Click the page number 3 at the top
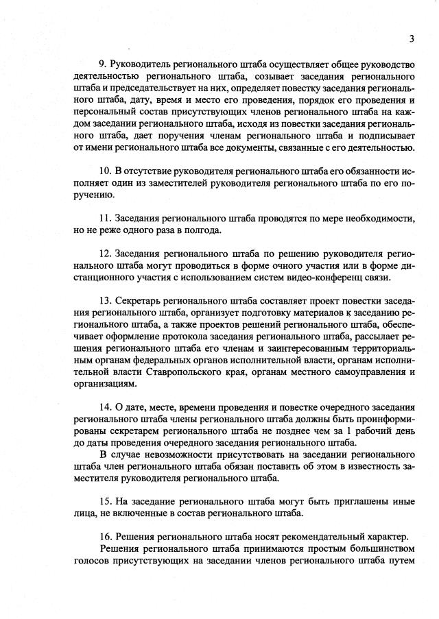click(412, 38)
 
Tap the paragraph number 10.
click(105, 169)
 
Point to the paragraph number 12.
click(105, 253)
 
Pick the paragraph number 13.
click(105, 301)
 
